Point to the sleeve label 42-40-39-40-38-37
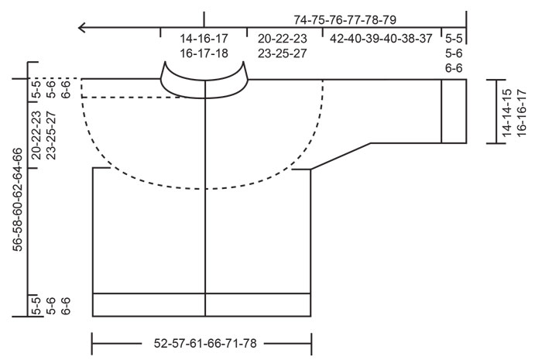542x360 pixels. tap(381, 37)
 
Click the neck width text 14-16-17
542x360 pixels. tap(203, 37)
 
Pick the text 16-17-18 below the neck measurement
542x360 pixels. tap(203, 53)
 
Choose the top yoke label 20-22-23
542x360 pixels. tap(283, 37)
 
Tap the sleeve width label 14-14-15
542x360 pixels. tap(507, 110)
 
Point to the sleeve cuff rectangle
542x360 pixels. tap(454, 111)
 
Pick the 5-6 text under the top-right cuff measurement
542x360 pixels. tap(453, 53)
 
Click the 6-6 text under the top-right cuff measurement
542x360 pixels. tap(453, 69)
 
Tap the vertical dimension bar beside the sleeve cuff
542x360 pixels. tap(495, 111)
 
